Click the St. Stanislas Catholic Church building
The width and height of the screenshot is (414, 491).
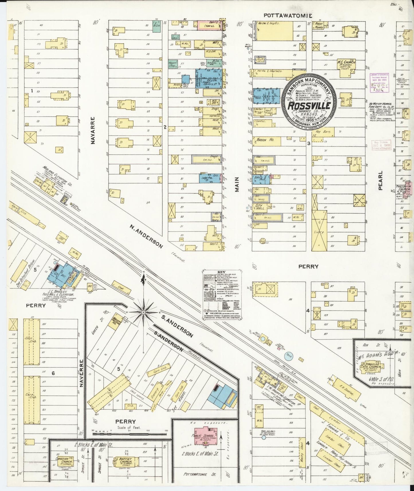point(371,367)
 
